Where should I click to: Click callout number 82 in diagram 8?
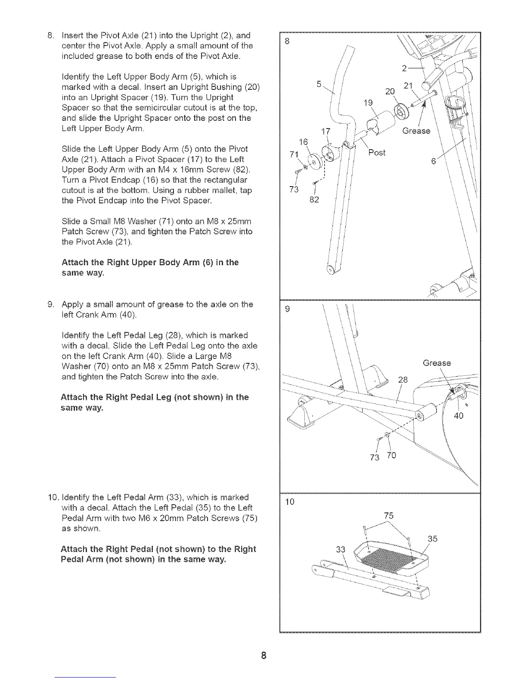pos(315,199)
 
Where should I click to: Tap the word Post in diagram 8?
pos(377,153)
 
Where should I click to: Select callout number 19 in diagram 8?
pos(368,103)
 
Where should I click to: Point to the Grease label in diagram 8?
pos(416,131)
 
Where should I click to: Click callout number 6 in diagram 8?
pos(434,161)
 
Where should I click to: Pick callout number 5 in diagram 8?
pos(319,85)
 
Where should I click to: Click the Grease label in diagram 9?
pos(437,363)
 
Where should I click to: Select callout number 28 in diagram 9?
pos(403,380)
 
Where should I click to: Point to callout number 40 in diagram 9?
pos(459,416)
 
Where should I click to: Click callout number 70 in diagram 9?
pos(391,455)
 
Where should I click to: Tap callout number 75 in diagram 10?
pos(389,515)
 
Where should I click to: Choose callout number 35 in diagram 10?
pos(433,539)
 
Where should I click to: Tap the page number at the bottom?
pos(264,656)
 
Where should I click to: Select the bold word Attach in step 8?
pos(74,263)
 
